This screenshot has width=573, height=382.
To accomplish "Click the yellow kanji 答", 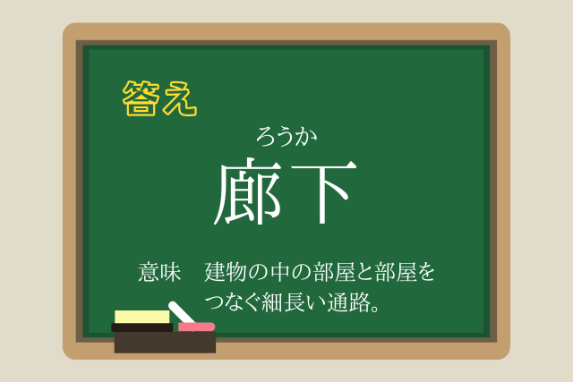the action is pyautogui.click(x=141, y=98).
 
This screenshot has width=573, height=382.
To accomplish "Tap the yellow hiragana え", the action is pyautogui.click(x=180, y=98).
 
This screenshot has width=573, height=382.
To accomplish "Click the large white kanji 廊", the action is pyautogui.click(x=249, y=191).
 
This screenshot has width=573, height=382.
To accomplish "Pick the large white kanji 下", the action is pyautogui.click(x=324, y=192).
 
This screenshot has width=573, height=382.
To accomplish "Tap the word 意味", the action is pyautogui.click(x=159, y=272).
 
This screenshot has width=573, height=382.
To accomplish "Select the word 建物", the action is pyautogui.click(x=225, y=272).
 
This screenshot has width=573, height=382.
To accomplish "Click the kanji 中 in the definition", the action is pyautogui.click(x=280, y=272).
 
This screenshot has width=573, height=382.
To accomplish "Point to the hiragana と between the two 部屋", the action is pyautogui.click(x=364, y=273).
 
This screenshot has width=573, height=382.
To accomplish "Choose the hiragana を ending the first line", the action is pyautogui.click(x=424, y=272).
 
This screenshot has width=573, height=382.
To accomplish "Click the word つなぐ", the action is pyautogui.click(x=233, y=302).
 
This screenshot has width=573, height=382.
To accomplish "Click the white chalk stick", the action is pyautogui.click(x=181, y=312).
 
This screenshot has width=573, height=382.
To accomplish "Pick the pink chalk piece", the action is pyautogui.click(x=196, y=327).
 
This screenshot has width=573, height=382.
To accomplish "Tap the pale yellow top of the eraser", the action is pyautogui.click(x=141, y=317).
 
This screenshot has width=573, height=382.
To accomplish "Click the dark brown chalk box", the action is pyautogui.click(x=165, y=343).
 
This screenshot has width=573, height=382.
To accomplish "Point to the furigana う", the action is pyautogui.click(x=285, y=137).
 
